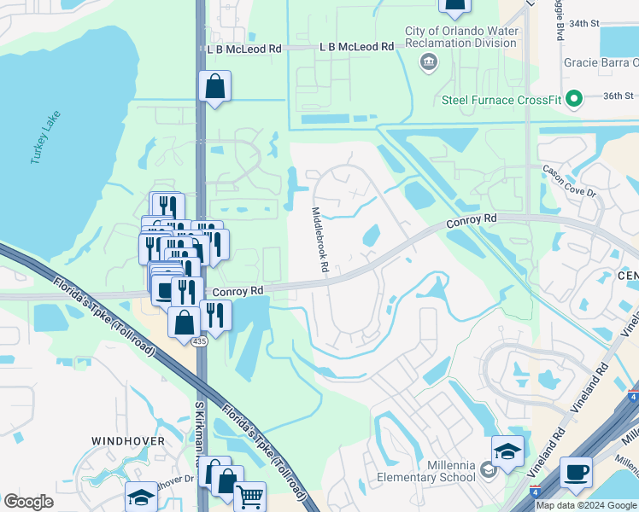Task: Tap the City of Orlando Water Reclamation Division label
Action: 461,38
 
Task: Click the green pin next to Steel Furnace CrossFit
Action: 575,100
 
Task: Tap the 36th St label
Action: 616,96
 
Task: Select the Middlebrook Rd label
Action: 320,239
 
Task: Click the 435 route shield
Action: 199,341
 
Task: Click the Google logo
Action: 29,502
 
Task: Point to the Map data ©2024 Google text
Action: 587,505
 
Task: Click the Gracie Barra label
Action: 601,63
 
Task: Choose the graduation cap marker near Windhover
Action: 141,496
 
